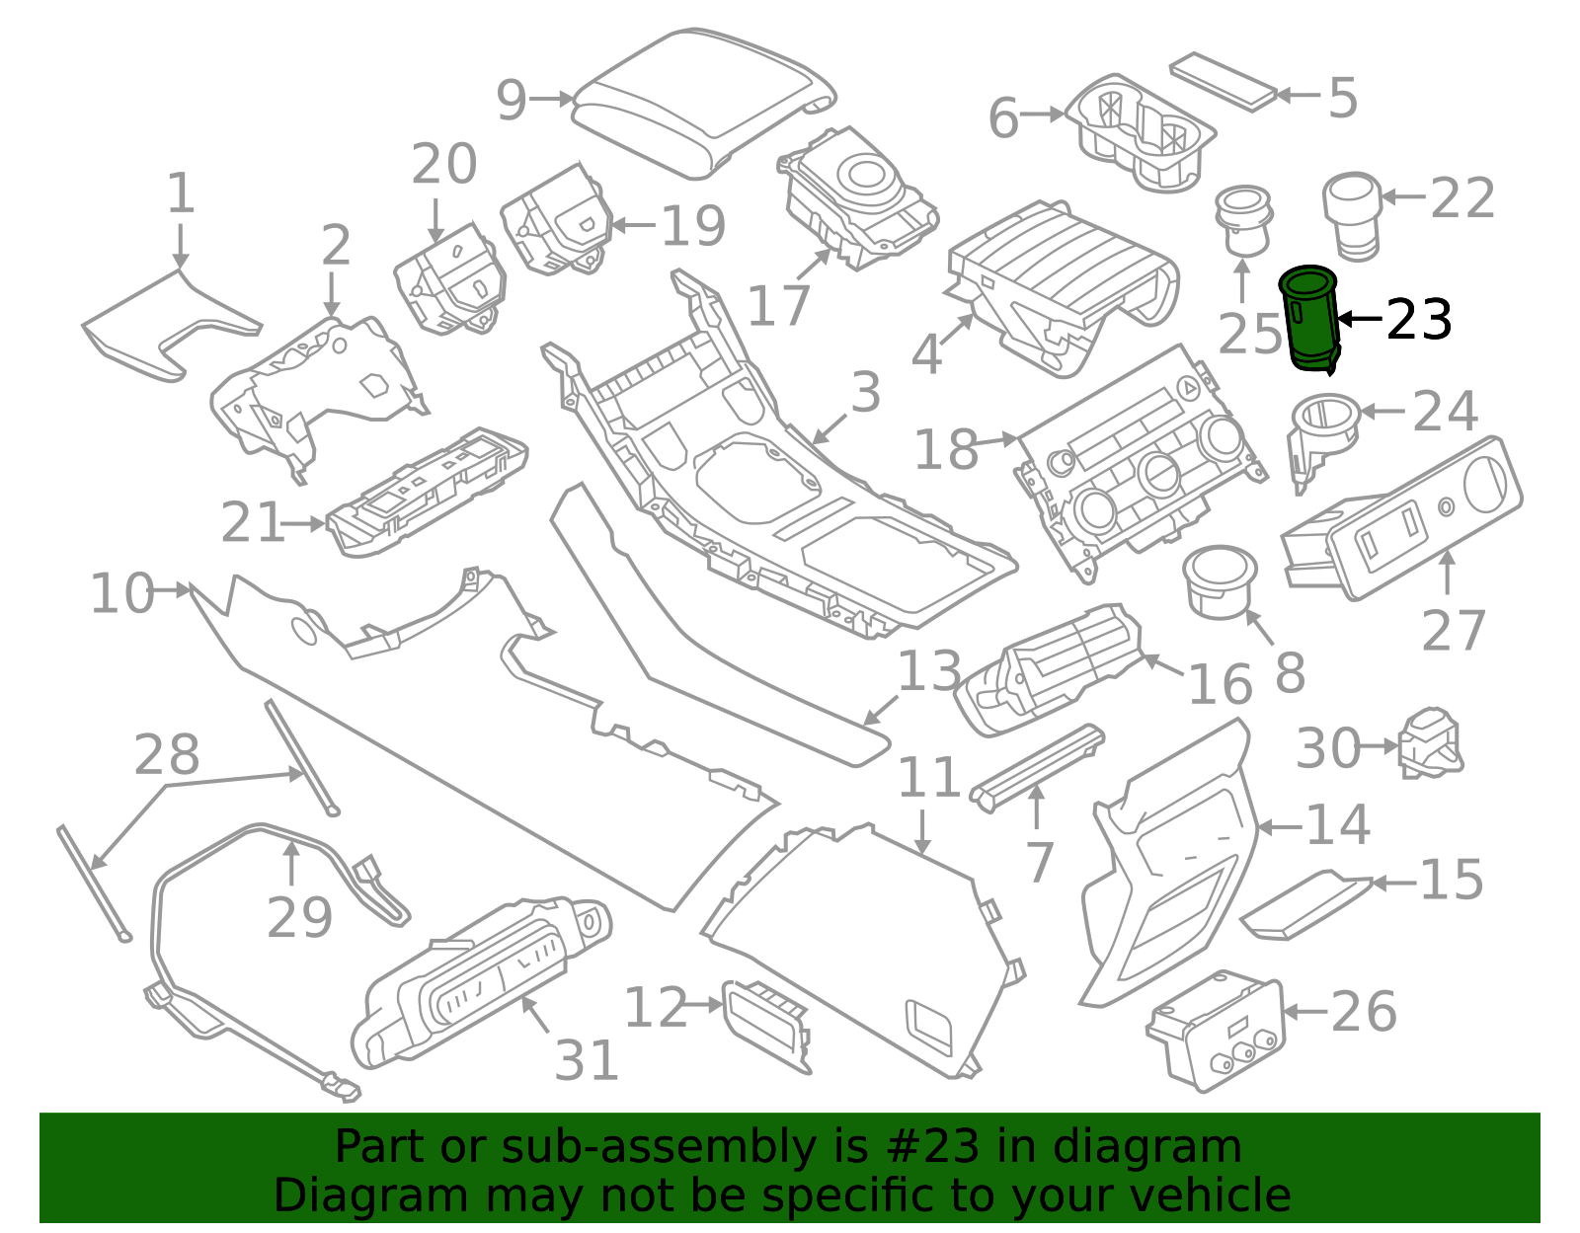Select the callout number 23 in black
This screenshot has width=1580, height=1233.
point(1419,320)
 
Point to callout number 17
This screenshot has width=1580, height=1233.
point(778,305)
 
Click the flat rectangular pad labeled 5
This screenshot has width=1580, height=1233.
point(1224,81)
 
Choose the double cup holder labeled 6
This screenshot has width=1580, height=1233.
point(1140,132)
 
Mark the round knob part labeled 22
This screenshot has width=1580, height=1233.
point(1351,216)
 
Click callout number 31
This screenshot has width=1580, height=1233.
point(586,1060)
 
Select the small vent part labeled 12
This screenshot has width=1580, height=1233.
point(766,1026)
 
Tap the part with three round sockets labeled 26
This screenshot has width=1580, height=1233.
point(1217,1031)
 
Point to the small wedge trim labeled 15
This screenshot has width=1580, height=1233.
point(1305,904)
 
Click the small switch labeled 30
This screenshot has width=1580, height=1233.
point(1430,743)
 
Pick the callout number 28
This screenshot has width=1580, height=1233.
point(167,754)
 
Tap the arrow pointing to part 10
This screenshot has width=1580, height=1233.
point(173,590)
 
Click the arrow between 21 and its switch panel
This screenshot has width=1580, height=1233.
point(303,523)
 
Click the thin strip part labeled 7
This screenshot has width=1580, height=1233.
point(1038,767)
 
